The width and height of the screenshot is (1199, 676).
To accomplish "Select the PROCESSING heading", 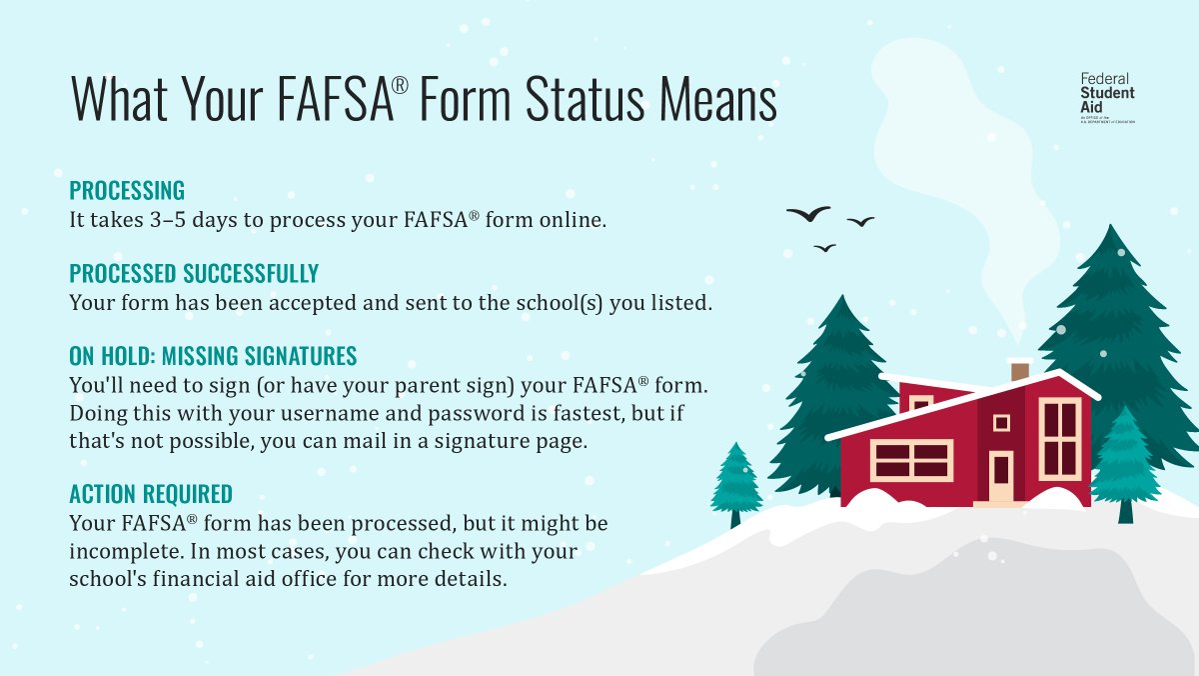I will point(127,190).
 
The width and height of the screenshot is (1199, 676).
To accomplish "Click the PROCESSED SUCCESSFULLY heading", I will point(194,273).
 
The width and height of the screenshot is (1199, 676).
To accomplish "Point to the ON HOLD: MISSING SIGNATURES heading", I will point(213,356).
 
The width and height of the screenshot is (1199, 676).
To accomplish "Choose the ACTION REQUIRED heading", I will point(151,493).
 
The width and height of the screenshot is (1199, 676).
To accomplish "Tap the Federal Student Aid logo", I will point(1107,98).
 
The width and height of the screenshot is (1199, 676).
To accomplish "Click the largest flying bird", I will point(808,213).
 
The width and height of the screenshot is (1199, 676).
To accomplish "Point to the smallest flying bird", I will point(824,247).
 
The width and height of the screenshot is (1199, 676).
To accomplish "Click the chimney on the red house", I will point(1020,371).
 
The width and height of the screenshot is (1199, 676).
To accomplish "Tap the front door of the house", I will point(1000,475).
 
